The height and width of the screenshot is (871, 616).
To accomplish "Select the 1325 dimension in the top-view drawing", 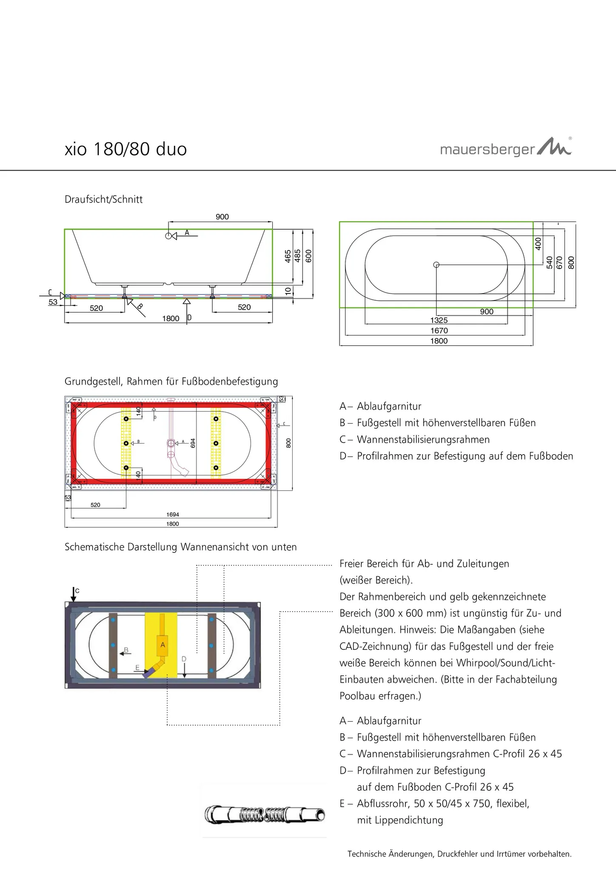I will tap(439, 321).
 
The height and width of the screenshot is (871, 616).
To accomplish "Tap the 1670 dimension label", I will tap(439, 331).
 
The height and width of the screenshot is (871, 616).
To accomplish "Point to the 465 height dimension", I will tap(288, 256).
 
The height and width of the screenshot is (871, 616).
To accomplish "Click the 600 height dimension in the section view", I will tap(309, 256).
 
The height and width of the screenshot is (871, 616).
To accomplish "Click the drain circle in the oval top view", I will tap(436, 265).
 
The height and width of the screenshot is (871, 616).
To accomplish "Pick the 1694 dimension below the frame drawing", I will tap(172, 515).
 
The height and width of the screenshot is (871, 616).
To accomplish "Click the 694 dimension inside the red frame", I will tap(193, 443).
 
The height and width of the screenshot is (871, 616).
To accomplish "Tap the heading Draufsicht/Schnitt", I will tap(103, 199).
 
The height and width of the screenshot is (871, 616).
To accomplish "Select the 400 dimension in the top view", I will tap(538, 243).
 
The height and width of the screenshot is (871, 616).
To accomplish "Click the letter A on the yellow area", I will tap(163, 645).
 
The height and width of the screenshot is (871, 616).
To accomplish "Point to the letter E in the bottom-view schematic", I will tap(137, 668).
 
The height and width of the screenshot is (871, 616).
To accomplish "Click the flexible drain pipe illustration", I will tap(265, 815).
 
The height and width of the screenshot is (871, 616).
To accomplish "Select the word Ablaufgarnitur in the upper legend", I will tap(389, 407).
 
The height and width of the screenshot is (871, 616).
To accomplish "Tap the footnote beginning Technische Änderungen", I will tap(459, 854).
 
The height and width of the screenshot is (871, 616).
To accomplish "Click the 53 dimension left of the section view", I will tap(53, 302).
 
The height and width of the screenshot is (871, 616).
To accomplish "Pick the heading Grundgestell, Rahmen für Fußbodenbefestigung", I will tap(171, 381).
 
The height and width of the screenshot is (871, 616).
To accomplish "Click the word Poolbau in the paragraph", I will tap(359, 696).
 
